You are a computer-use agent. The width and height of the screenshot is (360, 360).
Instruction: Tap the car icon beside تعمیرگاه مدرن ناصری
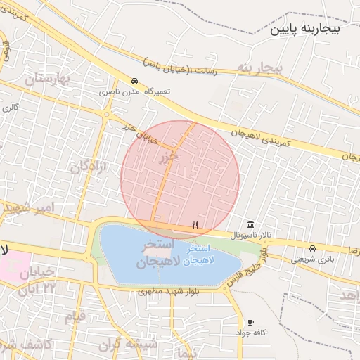point(134,80)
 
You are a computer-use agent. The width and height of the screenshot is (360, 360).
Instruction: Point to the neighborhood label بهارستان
point(49,79)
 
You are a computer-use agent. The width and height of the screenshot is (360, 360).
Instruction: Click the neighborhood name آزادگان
point(89,167)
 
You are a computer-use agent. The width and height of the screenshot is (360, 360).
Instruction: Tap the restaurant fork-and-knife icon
point(195,225)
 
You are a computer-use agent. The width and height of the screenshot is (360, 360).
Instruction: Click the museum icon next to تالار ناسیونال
point(250,224)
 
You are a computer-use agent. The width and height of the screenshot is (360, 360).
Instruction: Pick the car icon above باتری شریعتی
point(313,248)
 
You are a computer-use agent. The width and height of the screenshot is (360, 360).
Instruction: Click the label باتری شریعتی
point(310,259)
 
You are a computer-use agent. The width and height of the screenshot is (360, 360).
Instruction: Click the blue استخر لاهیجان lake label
point(205,255)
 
